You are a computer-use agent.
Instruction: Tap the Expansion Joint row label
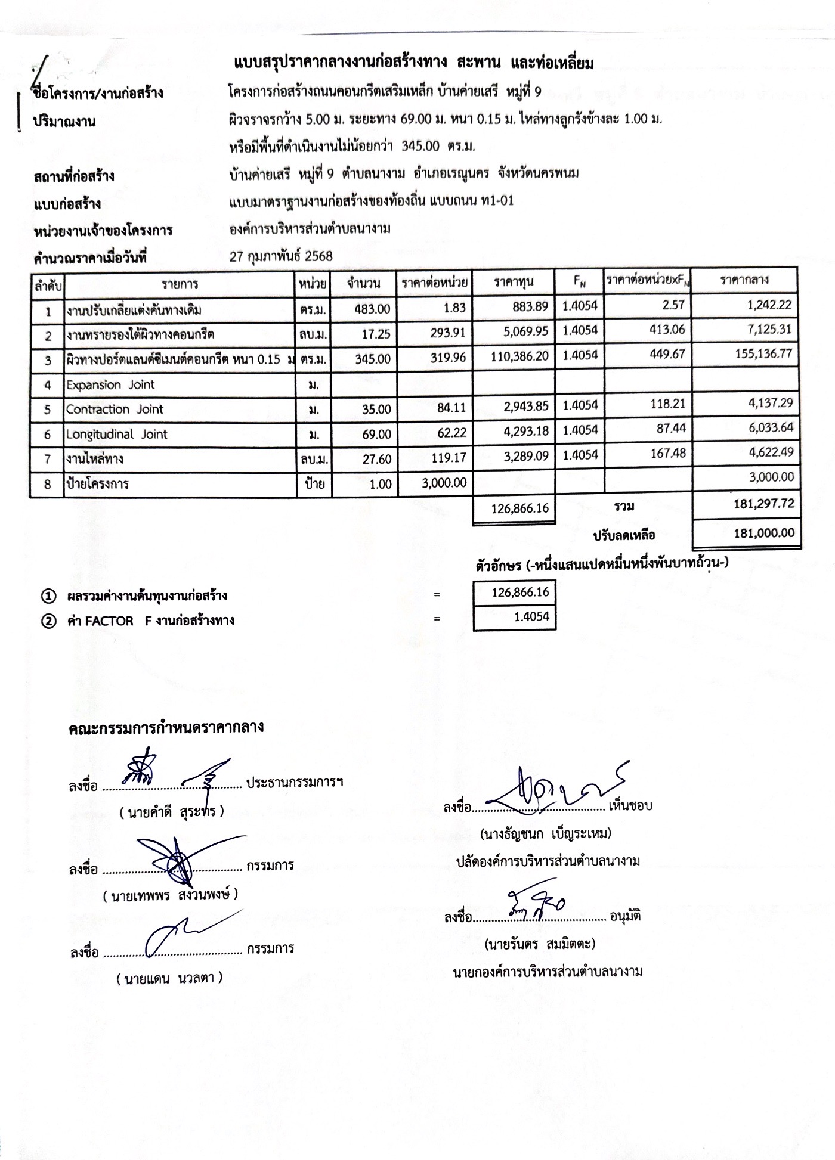click(x=110, y=385)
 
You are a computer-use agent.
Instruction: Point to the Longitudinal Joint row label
click(x=117, y=435)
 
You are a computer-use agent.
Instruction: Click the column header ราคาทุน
click(x=514, y=282)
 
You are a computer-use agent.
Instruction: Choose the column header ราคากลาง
click(x=744, y=280)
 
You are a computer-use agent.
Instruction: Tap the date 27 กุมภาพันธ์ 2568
click(x=281, y=256)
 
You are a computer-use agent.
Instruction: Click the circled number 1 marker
click(x=48, y=596)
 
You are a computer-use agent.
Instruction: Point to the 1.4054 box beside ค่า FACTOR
click(x=514, y=618)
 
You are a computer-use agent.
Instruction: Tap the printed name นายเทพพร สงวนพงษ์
click(x=171, y=895)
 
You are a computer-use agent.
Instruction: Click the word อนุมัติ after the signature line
click(x=625, y=916)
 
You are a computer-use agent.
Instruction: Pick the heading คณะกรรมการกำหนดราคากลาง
click(x=166, y=728)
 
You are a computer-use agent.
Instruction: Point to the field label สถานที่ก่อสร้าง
click(x=74, y=176)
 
